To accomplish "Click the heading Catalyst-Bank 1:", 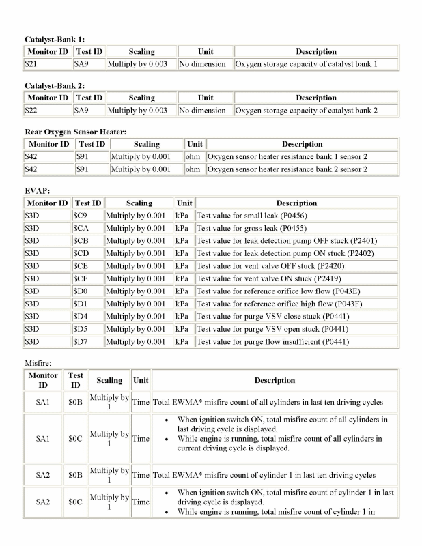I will (55, 39).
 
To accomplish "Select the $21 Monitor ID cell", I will (30, 64).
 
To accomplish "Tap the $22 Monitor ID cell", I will (30, 111).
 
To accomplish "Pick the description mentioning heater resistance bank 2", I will (287, 169).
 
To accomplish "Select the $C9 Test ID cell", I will (81, 216).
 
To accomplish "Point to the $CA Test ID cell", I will (82, 228).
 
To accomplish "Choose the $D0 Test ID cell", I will (81, 291).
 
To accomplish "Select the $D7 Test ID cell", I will (81, 341).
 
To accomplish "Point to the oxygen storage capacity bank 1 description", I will (306, 64).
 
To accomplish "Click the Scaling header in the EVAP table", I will (139, 203).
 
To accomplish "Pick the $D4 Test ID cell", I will (81, 316).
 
